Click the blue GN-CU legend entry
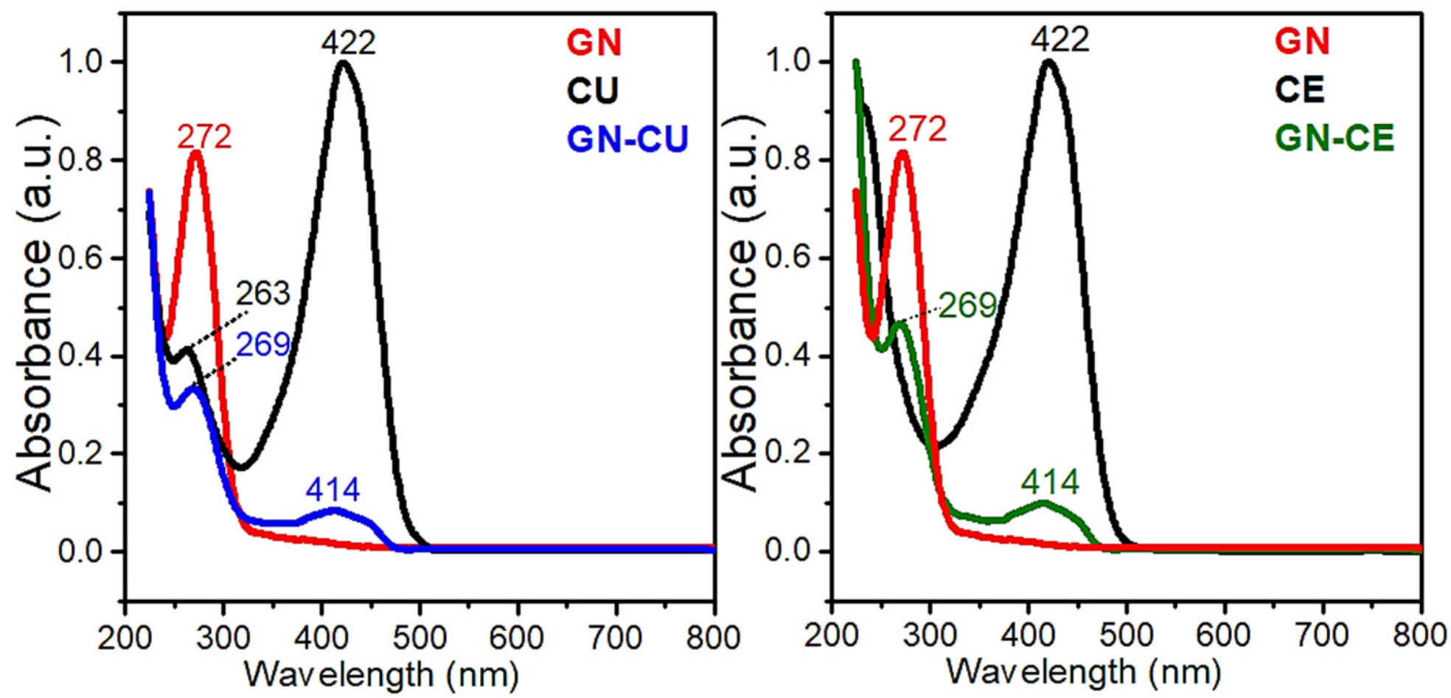(x=627, y=139)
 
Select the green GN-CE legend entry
(x=1335, y=138)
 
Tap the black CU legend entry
(x=593, y=91)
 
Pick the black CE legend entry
(x=1300, y=90)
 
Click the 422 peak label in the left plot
(x=348, y=43)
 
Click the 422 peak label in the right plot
(x=1059, y=39)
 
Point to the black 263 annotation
(x=262, y=294)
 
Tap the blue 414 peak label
(x=333, y=489)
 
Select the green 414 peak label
(x=1050, y=483)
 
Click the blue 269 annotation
(x=262, y=344)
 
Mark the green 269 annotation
(x=967, y=305)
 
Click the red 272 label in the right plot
(x=916, y=130)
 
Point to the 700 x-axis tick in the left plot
(x=616, y=638)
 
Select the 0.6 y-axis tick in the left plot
(x=81, y=259)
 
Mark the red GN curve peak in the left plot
(x=196, y=153)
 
